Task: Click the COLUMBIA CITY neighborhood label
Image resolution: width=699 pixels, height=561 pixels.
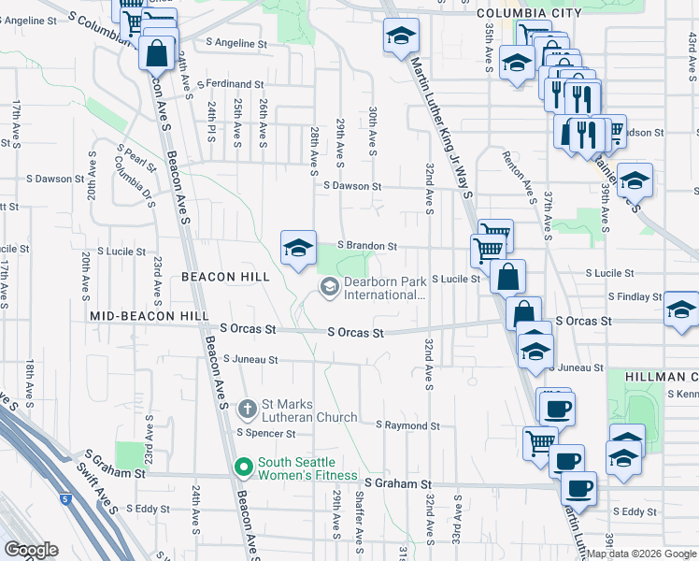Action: click(528, 13)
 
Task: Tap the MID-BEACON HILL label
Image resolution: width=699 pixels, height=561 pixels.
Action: click(150, 317)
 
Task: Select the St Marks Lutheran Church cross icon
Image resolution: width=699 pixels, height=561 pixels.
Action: click(247, 409)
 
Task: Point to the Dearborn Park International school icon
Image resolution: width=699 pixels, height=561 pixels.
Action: click(329, 287)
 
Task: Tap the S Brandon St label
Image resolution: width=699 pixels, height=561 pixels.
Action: click(367, 246)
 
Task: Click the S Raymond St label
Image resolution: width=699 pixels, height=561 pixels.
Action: click(407, 425)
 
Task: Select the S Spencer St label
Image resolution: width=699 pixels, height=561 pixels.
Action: click(266, 434)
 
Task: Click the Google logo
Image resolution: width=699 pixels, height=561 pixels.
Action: click(31, 550)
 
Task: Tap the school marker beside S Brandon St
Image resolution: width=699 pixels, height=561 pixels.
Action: click(298, 248)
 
